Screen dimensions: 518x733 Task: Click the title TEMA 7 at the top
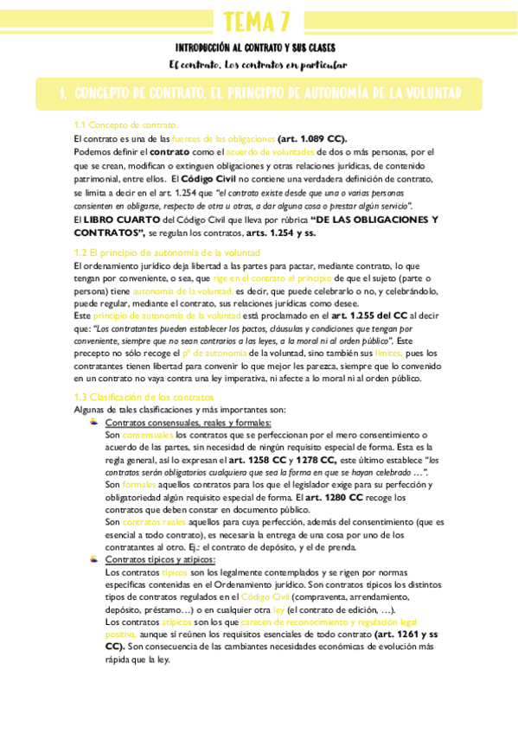point(258,20)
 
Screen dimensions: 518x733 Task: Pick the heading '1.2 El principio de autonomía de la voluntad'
point(167,252)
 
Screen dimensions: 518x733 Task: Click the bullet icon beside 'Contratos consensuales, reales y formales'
point(95,422)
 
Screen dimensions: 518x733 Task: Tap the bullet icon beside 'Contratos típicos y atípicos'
point(95,559)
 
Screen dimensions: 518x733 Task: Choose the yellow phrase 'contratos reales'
point(154,522)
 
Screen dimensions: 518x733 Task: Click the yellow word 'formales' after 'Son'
point(137,485)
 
